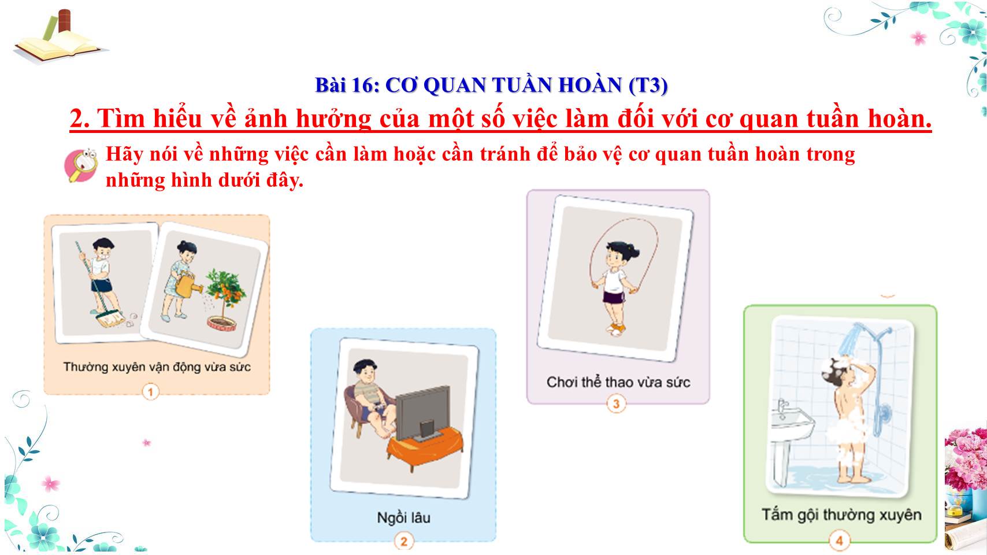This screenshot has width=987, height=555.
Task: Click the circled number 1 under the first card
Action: pos(150,391)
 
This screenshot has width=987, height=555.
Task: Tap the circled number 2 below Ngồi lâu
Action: pos(403,541)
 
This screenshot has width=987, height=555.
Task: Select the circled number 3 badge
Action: pos(616,404)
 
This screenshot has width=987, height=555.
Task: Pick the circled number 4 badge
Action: pos(839,541)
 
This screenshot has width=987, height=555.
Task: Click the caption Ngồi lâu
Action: pos(403,517)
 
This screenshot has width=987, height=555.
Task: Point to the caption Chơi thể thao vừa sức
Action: pos(618,382)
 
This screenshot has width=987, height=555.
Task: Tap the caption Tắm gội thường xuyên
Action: pos(841,515)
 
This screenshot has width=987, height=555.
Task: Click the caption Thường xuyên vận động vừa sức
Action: pos(157,367)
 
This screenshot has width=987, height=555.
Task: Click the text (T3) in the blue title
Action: pos(648,85)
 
